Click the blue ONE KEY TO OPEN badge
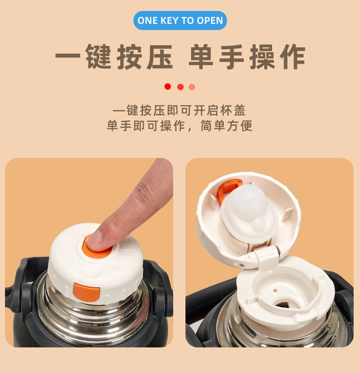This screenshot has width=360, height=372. pyautogui.click(x=180, y=20)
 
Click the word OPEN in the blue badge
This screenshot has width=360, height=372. pyautogui.click(x=210, y=20)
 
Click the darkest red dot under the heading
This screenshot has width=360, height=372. pyautogui.click(x=168, y=87)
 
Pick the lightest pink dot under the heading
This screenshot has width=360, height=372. pyautogui.click(x=192, y=87)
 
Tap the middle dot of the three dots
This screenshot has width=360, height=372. pyautogui.click(x=180, y=87)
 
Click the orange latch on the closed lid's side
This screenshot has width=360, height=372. pyautogui.click(x=86, y=292)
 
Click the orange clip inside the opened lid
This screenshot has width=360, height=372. pyautogui.click(x=226, y=189)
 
